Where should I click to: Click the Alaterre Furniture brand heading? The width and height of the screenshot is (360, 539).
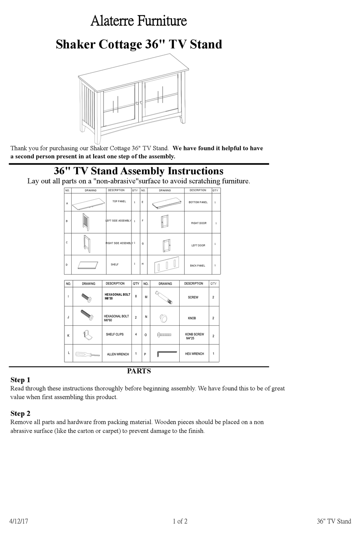139,21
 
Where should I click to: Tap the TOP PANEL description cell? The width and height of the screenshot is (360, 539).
119,202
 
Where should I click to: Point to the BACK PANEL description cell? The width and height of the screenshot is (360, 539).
197,266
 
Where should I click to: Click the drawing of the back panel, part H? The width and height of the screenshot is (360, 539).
166,266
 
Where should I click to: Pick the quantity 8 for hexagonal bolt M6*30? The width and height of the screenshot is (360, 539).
136,297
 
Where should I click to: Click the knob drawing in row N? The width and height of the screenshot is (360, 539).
164,318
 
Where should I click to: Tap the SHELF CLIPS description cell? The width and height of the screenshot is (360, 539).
115,334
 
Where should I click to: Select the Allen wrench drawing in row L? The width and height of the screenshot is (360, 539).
87,355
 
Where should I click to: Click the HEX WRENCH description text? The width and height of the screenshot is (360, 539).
194,354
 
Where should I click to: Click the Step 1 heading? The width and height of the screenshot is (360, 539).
20,380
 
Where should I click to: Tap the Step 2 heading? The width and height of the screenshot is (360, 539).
20,414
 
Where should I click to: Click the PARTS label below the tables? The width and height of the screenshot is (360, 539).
139,371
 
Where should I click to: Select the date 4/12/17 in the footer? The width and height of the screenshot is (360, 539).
19,521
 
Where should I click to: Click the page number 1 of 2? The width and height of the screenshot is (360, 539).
180,521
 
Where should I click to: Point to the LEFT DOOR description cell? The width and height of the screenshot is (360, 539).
198,245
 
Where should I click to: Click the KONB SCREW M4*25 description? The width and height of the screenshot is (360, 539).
194,336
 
